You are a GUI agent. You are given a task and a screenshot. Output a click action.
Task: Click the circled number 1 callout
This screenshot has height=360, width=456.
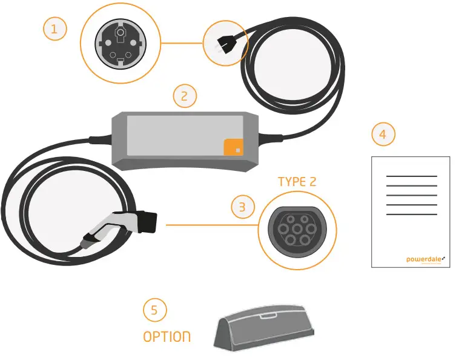55,29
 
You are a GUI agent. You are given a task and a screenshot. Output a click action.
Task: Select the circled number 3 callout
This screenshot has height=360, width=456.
243,207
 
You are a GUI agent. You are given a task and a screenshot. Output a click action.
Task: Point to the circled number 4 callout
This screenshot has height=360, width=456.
383,135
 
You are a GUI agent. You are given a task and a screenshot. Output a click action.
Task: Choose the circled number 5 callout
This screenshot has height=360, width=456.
154,310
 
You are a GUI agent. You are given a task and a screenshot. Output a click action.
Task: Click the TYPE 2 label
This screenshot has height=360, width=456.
297,181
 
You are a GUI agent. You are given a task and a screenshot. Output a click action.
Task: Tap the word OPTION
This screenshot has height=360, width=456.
167,336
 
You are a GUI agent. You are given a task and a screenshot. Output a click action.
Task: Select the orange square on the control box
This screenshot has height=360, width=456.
233,147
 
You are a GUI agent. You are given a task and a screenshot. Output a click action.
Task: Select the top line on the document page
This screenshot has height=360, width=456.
411,176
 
